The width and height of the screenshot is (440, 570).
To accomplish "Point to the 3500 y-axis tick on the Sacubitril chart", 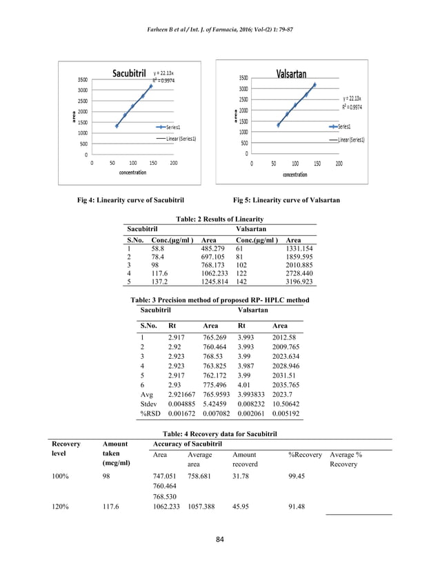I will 81,79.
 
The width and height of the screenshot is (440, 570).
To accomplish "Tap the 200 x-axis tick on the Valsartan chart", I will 339,164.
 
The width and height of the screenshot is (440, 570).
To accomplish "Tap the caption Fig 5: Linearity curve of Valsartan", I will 287,200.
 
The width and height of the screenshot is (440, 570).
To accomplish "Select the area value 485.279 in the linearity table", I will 214,248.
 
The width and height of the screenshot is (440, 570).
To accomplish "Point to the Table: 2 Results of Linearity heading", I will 219,218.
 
